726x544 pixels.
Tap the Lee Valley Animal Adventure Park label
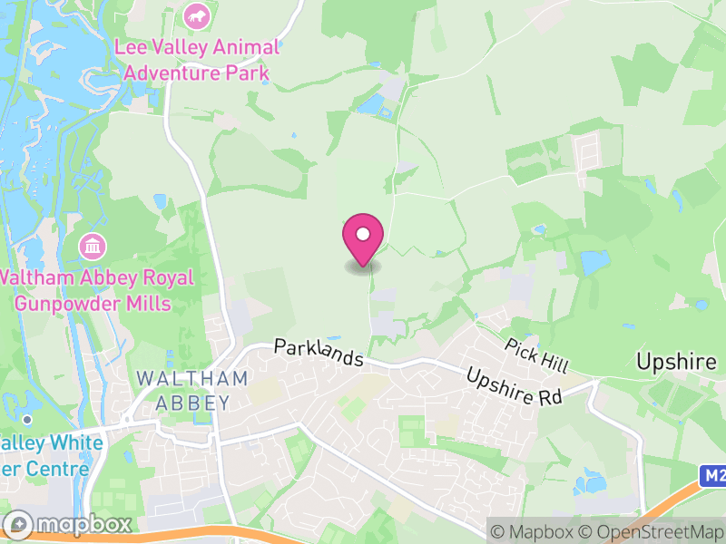197,58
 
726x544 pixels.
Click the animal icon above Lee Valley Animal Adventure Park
196,15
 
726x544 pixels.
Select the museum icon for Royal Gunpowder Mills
93,245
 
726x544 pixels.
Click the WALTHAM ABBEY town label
191,389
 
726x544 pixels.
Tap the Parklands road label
319,353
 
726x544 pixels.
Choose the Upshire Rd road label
515,386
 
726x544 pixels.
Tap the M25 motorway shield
713,476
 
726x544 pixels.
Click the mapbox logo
69,524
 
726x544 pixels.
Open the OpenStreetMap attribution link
653,530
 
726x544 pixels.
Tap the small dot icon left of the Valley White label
28,419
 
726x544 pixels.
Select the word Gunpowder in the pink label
91,303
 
